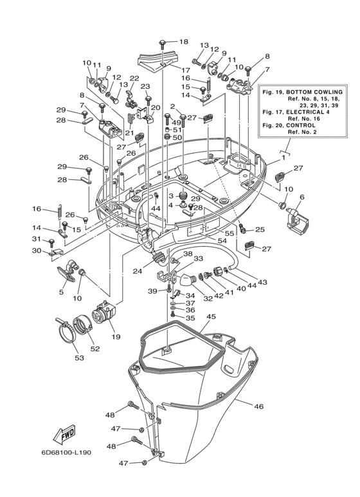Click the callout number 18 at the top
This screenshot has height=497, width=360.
pos(184,42)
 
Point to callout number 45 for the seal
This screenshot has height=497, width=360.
pos(211,316)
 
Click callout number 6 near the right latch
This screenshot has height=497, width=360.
pos(301,197)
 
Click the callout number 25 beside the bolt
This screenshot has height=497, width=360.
pos(260,230)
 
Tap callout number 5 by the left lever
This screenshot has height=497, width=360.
pos(61,291)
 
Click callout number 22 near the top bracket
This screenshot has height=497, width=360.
pos(134,78)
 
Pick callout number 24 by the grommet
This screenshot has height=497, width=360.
pos(137,271)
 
